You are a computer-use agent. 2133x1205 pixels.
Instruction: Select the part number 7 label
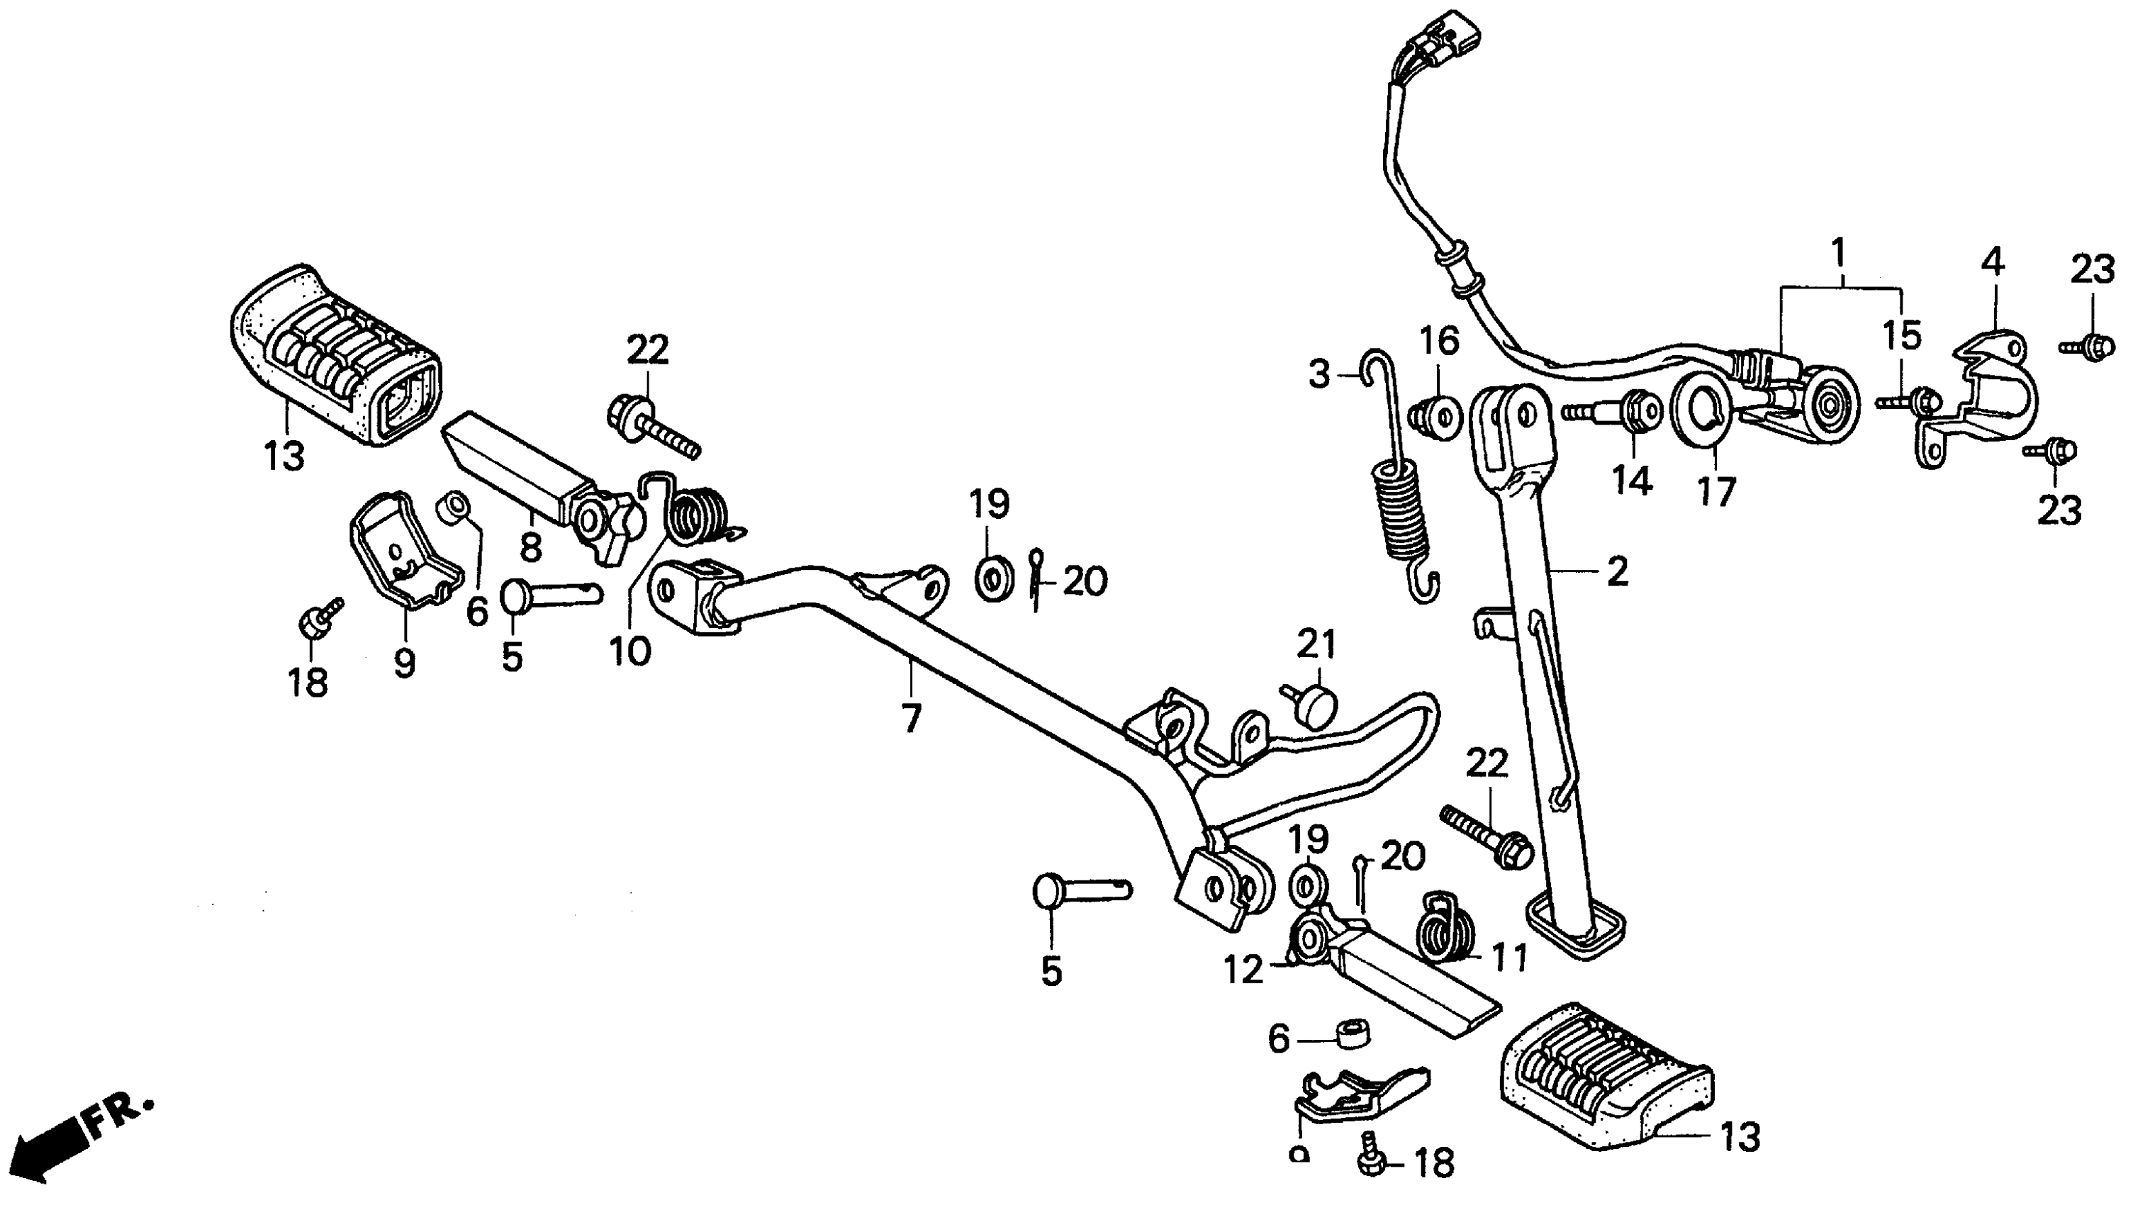click(x=911, y=718)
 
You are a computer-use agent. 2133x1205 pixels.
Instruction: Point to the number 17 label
click(x=1715, y=493)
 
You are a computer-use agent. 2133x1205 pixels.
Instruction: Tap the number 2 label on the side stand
click(x=1616, y=572)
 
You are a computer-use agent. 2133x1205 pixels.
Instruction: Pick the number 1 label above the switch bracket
click(x=1837, y=252)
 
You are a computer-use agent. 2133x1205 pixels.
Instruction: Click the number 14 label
click(x=1631, y=481)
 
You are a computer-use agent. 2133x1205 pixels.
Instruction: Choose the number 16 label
click(x=1440, y=341)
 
